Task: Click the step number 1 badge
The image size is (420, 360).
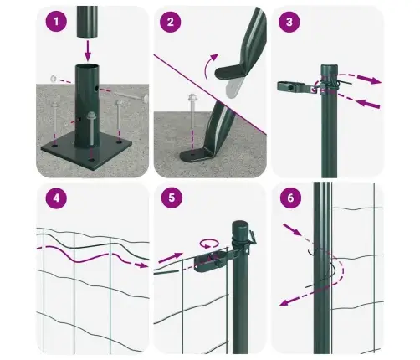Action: click(56, 22)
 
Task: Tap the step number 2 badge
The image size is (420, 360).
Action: click(171, 22)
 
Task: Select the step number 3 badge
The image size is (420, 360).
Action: click(289, 22)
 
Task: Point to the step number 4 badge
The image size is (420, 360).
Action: click(56, 198)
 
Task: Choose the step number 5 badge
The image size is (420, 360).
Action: click(172, 198)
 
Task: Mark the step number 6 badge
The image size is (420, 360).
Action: click(290, 198)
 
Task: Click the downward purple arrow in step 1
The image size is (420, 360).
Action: click(88, 51)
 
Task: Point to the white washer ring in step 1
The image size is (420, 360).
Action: click(53, 79)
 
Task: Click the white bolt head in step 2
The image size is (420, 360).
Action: click(192, 97)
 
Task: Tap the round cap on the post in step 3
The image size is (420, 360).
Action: click(329, 69)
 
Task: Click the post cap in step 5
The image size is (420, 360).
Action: click(240, 227)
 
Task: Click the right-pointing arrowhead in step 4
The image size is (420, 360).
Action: click(143, 265)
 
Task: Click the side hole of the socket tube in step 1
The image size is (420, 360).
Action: click(96, 89)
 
